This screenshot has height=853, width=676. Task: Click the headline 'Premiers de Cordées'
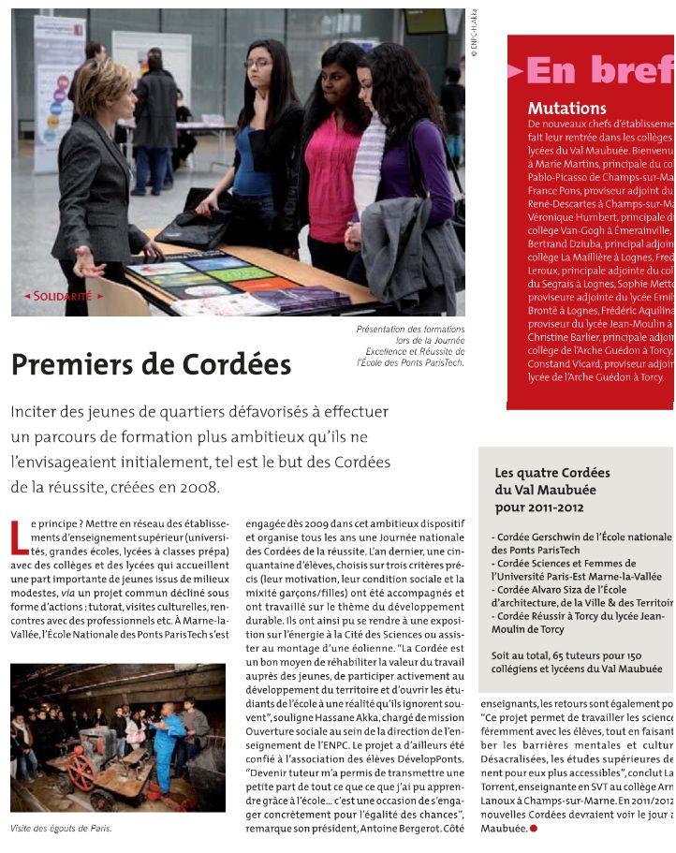point(151,364)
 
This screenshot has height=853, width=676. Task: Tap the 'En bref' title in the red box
point(599,69)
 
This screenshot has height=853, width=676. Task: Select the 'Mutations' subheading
point(566,109)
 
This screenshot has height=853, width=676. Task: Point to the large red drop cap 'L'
point(19,536)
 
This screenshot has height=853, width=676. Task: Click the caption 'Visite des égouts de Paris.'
point(61,829)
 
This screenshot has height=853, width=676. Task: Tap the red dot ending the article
point(534,829)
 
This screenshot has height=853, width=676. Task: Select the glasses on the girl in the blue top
point(257,63)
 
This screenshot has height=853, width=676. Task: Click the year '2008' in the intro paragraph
point(198,487)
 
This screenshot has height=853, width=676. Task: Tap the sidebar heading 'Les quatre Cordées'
point(552,473)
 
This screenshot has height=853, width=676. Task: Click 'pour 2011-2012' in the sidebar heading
point(539,507)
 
